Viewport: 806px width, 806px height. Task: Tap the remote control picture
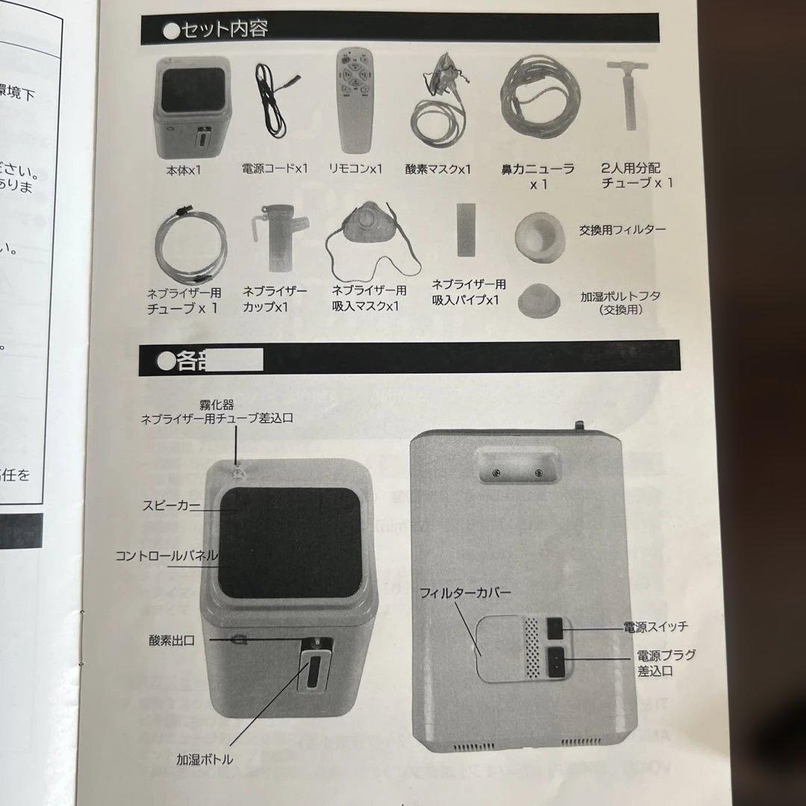pos(355,100)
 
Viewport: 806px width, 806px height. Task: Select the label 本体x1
pos(184,170)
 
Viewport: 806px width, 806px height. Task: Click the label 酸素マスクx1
pos(438,169)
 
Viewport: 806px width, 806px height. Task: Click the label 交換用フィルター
pos(622,230)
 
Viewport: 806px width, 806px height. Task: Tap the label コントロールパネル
pos(166,556)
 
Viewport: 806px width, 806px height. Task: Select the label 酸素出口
pos(172,640)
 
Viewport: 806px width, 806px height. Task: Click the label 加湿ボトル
pos(204,760)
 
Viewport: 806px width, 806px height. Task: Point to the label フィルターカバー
pos(465,593)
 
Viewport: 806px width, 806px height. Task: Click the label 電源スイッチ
pos(656,627)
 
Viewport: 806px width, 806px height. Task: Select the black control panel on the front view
pos(291,543)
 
